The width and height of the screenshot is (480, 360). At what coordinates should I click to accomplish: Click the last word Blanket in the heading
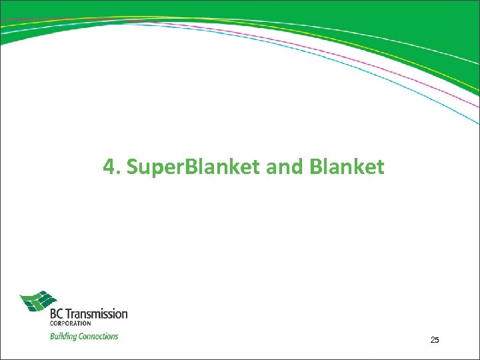(347, 167)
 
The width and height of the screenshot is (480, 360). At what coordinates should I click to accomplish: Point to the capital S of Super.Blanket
(131, 167)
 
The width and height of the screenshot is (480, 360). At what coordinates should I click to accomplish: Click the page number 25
(435, 340)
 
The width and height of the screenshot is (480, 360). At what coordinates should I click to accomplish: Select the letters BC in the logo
(59, 313)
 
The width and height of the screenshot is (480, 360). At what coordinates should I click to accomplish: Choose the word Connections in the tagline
(98, 336)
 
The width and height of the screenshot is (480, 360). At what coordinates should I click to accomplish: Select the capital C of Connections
(81, 336)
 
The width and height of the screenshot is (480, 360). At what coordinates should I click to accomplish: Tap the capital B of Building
(53, 336)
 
